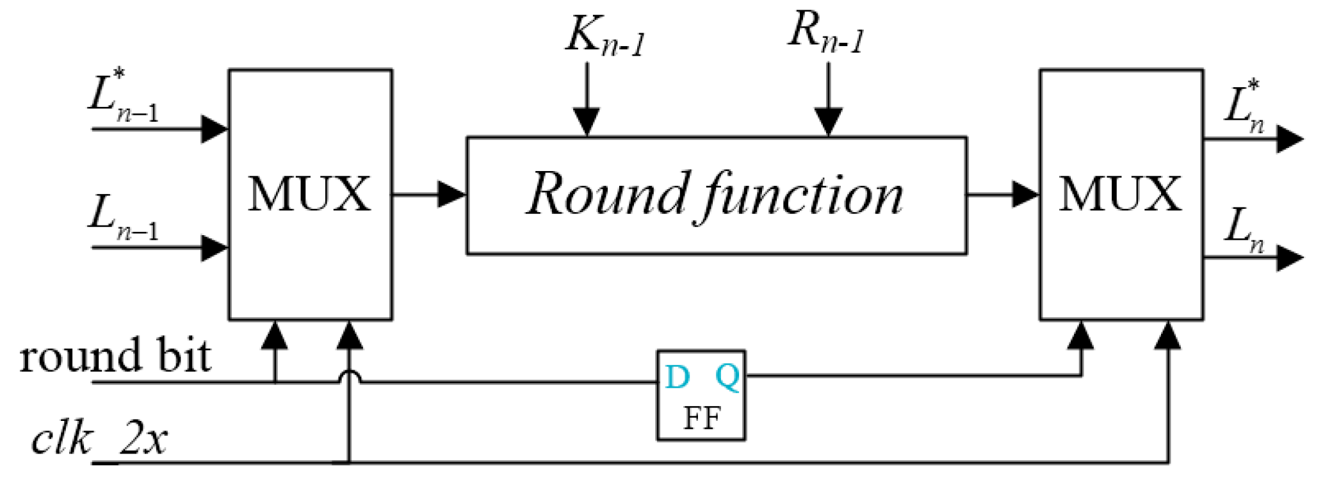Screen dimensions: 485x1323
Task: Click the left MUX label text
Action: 309,194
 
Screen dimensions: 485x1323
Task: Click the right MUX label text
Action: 1120,194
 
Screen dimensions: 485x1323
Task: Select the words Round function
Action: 715,194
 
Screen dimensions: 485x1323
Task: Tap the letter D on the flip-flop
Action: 677,377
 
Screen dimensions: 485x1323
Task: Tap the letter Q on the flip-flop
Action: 727,376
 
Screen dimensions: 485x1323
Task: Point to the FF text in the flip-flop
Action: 702,419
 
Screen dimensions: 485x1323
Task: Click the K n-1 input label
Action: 605,36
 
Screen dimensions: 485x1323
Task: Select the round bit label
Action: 115,356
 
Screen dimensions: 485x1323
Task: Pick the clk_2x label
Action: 99,440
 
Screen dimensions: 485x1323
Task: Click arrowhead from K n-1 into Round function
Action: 587,122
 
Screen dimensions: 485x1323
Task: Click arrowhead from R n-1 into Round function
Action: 828,122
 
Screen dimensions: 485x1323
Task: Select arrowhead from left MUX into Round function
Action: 451,194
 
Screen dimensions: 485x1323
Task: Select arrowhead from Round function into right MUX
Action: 1025,194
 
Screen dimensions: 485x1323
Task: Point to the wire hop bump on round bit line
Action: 350,376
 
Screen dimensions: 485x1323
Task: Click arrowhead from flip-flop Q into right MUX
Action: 1081,334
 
